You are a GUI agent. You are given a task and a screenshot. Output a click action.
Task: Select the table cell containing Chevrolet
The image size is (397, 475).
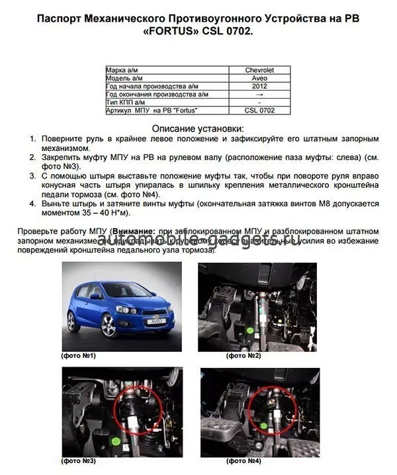[x=259, y=69]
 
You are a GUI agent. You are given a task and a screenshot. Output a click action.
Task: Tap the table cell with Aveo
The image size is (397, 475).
[x=259, y=78]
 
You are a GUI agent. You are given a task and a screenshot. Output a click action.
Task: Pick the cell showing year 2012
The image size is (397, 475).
[x=259, y=86]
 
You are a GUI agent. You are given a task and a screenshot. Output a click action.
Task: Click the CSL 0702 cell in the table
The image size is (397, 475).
[x=259, y=110]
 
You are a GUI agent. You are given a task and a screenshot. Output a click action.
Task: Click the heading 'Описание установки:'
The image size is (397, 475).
[x=198, y=128]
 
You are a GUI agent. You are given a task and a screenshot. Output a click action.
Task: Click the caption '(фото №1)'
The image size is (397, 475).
[x=78, y=356]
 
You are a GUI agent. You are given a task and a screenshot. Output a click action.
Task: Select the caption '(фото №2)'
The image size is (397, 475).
[x=243, y=356]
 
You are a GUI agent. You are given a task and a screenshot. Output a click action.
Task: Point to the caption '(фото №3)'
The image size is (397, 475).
[x=78, y=460]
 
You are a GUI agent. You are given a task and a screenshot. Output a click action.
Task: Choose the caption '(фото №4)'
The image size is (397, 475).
[x=243, y=460]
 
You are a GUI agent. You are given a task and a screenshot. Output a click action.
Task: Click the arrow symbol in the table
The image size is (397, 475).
[x=259, y=95]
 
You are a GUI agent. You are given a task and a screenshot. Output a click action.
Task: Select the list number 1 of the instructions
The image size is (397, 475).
[x=33, y=139]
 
